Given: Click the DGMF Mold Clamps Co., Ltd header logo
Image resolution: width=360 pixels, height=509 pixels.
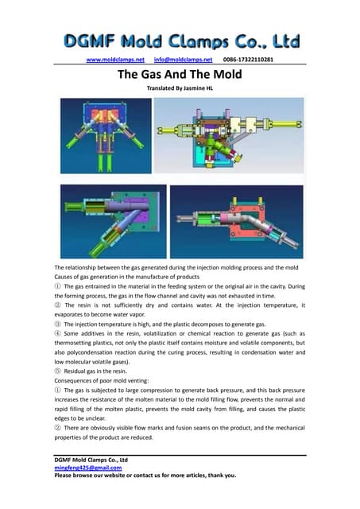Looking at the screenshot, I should [x=180, y=41].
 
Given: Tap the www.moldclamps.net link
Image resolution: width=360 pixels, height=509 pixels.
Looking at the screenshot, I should [x=114, y=60].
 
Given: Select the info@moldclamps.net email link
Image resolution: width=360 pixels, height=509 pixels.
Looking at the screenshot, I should [x=183, y=60].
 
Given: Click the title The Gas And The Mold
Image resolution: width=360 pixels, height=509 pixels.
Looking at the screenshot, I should [x=180, y=74].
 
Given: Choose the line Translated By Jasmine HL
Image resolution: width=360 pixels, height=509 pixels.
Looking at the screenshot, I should [x=180, y=89].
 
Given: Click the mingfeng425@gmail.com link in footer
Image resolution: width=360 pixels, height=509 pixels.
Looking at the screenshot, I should [x=89, y=468].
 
